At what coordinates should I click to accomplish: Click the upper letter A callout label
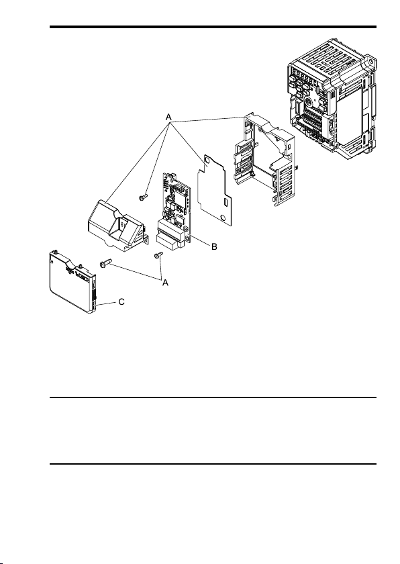[169, 117]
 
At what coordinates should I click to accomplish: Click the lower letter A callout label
[165, 283]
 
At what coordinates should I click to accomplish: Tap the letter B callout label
[214, 247]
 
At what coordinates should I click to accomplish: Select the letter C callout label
[122, 302]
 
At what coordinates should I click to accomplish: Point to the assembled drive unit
[332, 99]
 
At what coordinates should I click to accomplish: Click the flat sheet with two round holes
[215, 191]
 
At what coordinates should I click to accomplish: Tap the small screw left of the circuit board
[142, 197]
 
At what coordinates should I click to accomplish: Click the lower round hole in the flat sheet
[223, 218]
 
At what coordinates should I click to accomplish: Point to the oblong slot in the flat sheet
[225, 201]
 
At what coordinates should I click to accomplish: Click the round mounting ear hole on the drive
[371, 63]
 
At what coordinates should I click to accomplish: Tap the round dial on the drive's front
[308, 100]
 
